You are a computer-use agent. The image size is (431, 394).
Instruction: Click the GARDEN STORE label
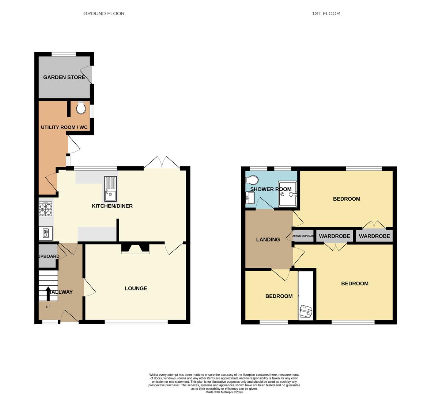tap(64, 77)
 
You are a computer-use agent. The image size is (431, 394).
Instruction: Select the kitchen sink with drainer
tap(110, 189)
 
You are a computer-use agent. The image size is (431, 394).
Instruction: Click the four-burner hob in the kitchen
tap(45, 209)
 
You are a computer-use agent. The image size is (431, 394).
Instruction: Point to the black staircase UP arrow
tap(48, 293)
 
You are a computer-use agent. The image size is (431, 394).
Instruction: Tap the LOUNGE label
tap(136, 288)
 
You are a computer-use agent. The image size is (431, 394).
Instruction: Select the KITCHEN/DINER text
tap(112, 206)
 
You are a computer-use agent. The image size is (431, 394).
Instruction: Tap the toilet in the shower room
tap(253, 179)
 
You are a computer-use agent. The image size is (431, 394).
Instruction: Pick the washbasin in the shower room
tap(250, 198)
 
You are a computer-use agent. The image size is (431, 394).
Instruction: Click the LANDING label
tap(268, 240)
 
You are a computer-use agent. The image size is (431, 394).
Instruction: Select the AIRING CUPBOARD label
tap(303, 236)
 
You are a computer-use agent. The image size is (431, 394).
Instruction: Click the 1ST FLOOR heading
tap(326, 13)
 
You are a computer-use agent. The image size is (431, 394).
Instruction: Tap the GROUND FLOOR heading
tap(104, 13)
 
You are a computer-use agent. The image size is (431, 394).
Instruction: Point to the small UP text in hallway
tap(48, 307)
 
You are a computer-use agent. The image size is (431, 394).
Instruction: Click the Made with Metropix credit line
tap(224, 392)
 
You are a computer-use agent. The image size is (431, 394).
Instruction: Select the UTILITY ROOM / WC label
tap(64, 127)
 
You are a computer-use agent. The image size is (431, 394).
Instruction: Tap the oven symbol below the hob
tap(46, 233)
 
